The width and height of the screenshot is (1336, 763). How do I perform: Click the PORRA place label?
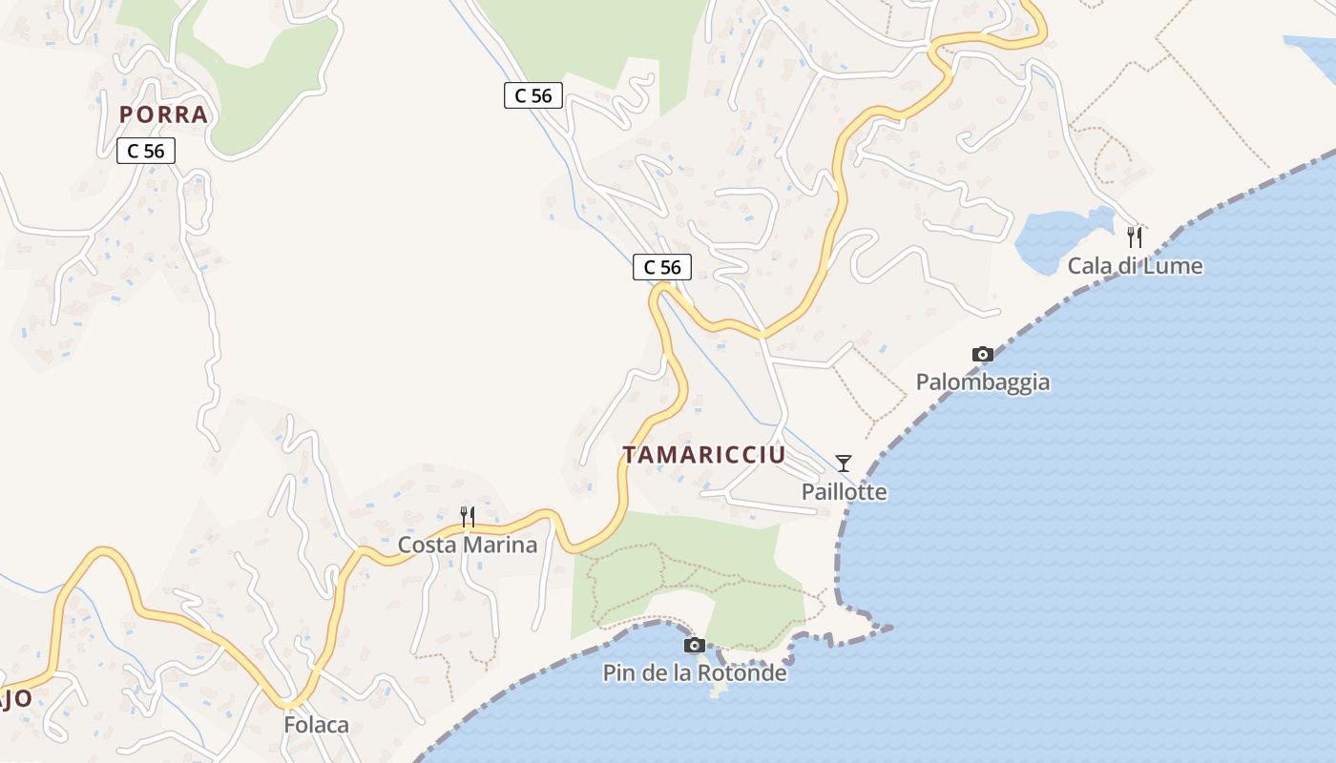(x=163, y=114)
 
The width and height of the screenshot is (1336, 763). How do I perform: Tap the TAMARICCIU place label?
(x=704, y=455)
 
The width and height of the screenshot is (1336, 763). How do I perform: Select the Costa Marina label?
(x=468, y=545)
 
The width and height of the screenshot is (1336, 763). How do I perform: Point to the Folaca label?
(x=316, y=725)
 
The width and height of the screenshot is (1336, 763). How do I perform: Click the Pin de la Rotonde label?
(x=695, y=672)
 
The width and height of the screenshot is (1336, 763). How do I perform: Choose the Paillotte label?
(x=844, y=492)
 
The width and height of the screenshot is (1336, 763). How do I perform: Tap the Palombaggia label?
(x=983, y=381)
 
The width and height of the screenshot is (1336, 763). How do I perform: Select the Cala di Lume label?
(x=1135, y=265)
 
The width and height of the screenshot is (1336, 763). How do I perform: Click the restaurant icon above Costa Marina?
(x=468, y=517)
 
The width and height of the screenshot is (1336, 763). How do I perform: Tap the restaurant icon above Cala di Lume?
(x=1135, y=237)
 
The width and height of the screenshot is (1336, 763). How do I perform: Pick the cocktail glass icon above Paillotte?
(x=844, y=464)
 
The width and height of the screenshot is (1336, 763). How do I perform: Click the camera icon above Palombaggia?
(x=983, y=354)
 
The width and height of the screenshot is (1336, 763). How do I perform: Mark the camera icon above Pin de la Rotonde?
(x=695, y=645)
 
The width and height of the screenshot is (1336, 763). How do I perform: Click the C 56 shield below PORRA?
(x=146, y=151)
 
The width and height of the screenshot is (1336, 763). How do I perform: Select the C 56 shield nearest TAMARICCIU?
(x=662, y=267)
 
